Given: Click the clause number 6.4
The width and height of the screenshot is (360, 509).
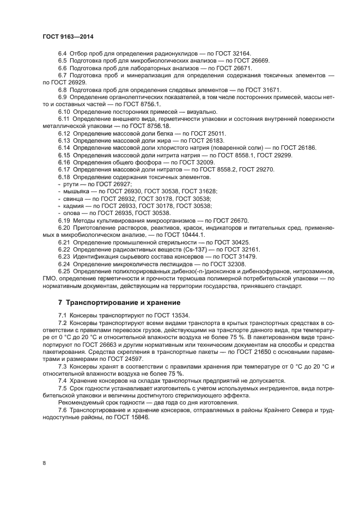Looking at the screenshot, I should coord(63,53).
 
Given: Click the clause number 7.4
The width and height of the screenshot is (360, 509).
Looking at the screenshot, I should coord(63,381).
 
